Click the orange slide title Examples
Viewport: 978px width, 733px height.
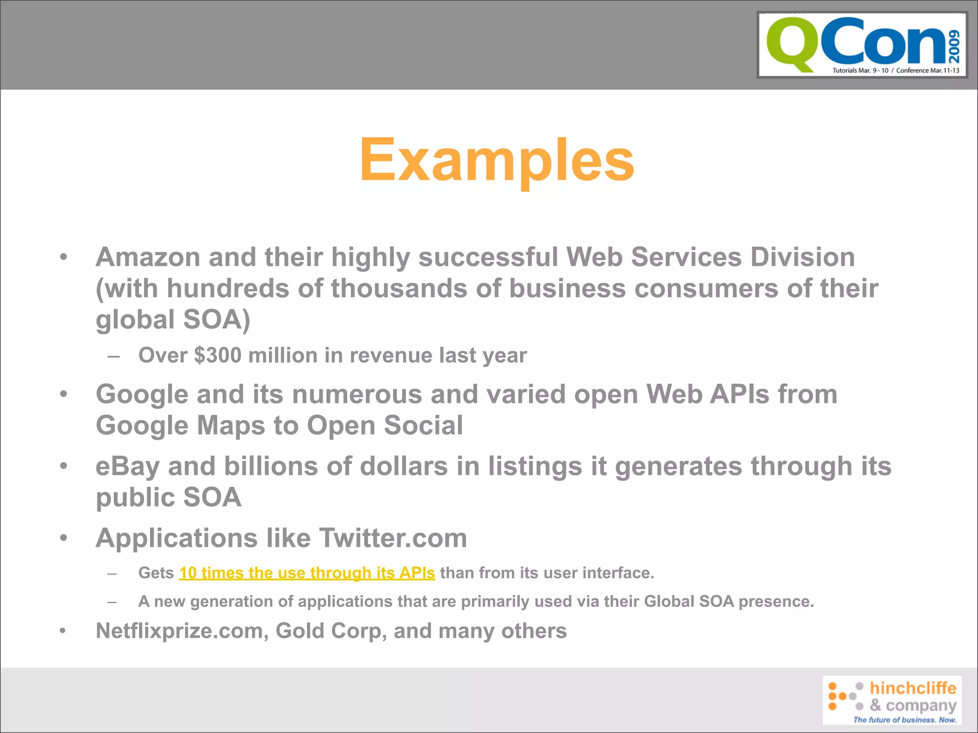pos(497,160)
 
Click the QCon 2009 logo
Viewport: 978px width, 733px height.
pos(862,45)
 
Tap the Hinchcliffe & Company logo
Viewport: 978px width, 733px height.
pos(892,700)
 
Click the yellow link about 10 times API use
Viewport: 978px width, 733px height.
pos(307,573)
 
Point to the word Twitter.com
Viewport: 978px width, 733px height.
pos(393,538)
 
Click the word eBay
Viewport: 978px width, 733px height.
pos(127,466)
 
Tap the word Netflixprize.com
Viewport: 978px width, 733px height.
pos(179,631)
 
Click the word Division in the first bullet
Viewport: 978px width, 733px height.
pos(802,257)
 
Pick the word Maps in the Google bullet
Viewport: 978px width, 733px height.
pos(231,426)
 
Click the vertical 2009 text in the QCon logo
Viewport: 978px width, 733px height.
pos(954,46)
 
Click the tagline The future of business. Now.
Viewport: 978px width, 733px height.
pos(904,720)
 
